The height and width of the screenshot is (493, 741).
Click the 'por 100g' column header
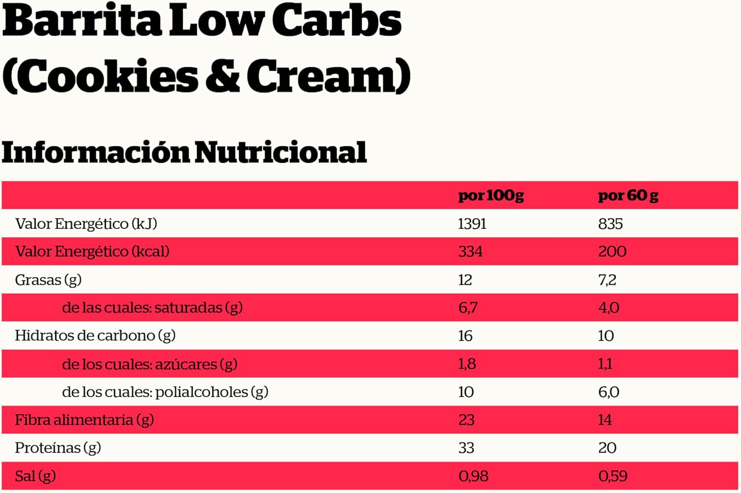(x=491, y=196)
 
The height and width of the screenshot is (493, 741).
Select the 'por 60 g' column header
(x=628, y=196)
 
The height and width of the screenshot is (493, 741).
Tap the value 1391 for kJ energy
(x=472, y=224)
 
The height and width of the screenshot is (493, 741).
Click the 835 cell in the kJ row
(x=610, y=224)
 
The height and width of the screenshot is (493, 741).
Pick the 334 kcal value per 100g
(x=470, y=252)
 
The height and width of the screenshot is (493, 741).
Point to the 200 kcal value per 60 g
(x=612, y=252)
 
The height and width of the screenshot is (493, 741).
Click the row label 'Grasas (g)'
(x=48, y=280)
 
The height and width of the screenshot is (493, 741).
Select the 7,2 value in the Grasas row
(x=607, y=280)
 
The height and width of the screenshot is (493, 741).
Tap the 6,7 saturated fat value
(x=468, y=308)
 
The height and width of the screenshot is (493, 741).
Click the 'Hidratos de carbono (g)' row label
(x=95, y=336)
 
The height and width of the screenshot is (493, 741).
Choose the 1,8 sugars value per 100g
(x=467, y=364)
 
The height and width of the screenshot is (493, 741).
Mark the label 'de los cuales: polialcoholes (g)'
(x=165, y=392)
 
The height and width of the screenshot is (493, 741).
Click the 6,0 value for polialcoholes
(x=609, y=392)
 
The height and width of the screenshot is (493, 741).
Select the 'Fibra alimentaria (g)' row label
(x=84, y=420)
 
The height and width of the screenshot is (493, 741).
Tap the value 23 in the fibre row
(x=466, y=420)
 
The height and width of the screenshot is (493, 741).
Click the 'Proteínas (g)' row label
(x=58, y=448)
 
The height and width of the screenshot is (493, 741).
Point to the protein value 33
(x=466, y=448)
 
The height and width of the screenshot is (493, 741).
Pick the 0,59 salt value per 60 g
(x=613, y=476)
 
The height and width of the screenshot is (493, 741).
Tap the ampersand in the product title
(x=223, y=77)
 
